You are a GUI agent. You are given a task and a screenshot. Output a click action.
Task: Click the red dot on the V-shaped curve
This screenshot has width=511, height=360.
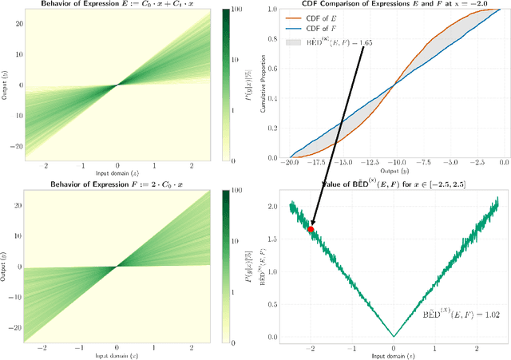coord(311,229)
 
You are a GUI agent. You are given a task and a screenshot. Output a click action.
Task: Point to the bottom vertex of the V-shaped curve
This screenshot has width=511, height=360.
coord(394,335)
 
